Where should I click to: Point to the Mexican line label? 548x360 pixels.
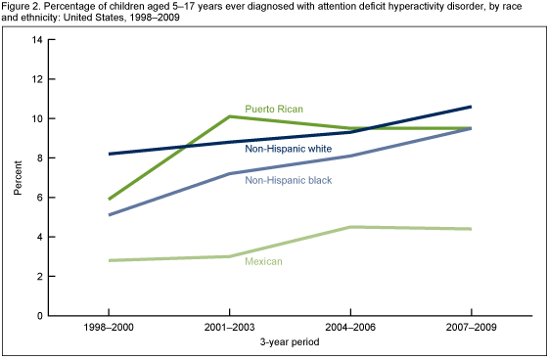coord(264,262)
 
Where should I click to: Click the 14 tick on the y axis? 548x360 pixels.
coord(40,39)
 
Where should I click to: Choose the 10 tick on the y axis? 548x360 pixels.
coord(40,118)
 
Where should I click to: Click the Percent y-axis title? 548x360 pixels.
coord(17,177)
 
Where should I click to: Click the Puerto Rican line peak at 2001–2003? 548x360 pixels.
coord(229,116)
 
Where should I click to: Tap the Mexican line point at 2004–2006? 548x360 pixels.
coord(350,227)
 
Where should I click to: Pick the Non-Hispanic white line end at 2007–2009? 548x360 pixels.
coord(471,107)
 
